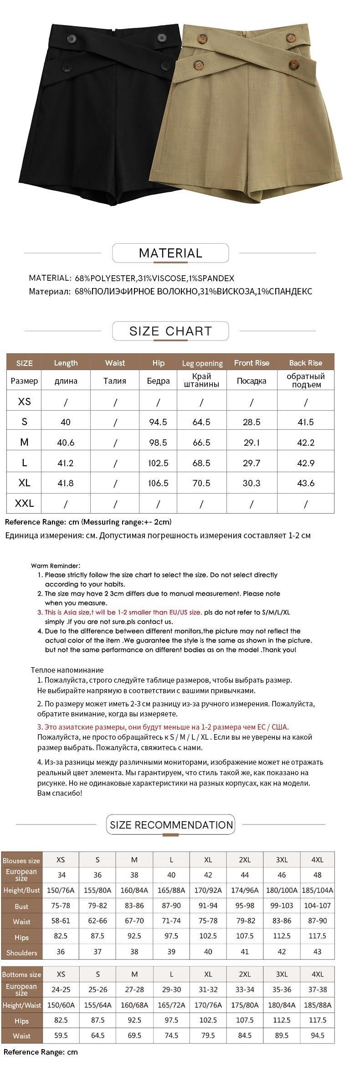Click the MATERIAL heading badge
pos(170,253)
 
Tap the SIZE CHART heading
pos(170,331)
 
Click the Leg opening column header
pos(202,363)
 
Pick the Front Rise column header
pos(252,363)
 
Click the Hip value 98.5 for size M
pos(158,443)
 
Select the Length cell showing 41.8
pos(66,483)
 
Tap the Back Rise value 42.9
pos(305,463)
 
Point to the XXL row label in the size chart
pos(24,504)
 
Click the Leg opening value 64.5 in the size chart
pos(201,422)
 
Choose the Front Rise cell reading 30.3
pos(252,483)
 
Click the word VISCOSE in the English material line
pos(170,278)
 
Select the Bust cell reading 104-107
pos(317,906)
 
